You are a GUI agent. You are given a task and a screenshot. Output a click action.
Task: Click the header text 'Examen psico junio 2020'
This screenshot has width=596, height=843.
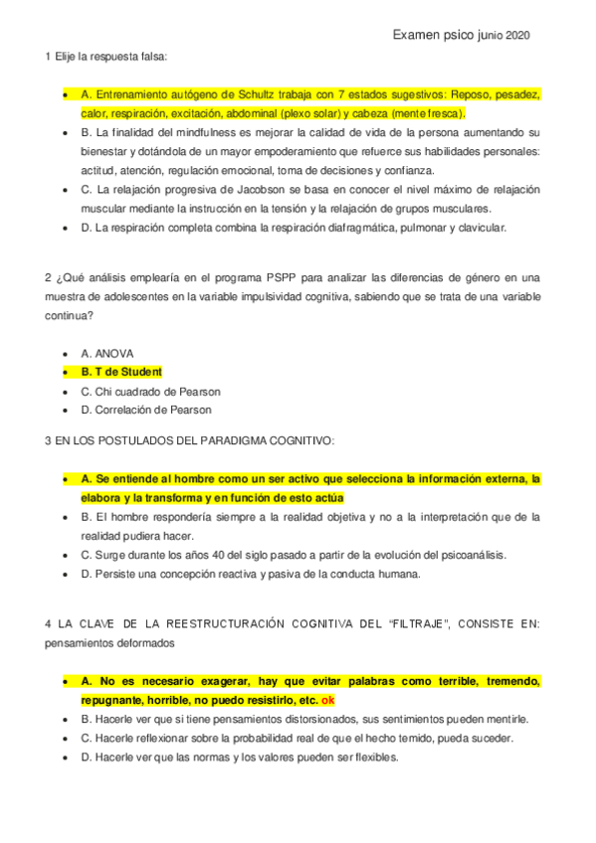tap(461, 35)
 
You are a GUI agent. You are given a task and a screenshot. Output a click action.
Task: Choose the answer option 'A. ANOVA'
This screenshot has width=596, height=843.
tap(106, 353)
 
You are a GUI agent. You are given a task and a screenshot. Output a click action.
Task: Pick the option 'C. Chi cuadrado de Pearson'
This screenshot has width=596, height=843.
tap(150, 391)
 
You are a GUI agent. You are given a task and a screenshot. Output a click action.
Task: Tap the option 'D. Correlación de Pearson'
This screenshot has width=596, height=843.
tap(145, 410)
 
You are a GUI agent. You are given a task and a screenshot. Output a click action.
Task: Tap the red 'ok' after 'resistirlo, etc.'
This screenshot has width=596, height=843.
tap(327, 700)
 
